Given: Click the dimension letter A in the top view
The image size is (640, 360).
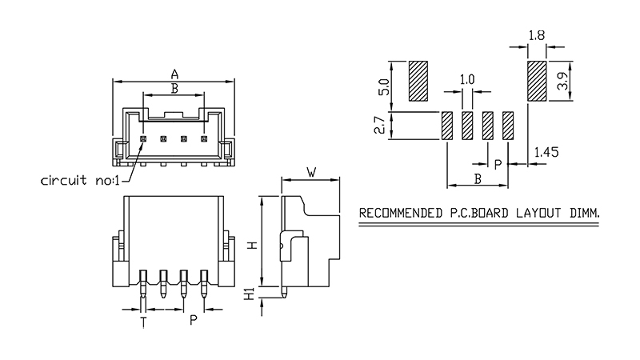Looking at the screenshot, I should (174, 74).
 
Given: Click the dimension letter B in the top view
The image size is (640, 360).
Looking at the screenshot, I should (174, 87).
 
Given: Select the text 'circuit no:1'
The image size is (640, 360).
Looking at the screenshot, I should (79, 180).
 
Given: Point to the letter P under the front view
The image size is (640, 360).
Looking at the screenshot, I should (193, 322).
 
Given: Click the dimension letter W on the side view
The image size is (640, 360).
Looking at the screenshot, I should (312, 171).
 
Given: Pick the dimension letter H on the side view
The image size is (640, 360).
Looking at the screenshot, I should (252, 244).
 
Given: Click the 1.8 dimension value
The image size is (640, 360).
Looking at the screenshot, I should (536, 35).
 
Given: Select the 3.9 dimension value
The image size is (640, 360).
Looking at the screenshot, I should (562, 82).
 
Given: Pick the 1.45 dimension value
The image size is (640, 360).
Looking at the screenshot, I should (546, 150).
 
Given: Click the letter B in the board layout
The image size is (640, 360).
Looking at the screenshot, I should (477, 178).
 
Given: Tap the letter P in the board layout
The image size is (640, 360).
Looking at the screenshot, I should (497, 164).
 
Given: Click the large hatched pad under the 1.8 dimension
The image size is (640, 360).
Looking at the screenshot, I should (536, 82).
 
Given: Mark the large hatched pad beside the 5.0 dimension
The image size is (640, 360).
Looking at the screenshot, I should (418, 82).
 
